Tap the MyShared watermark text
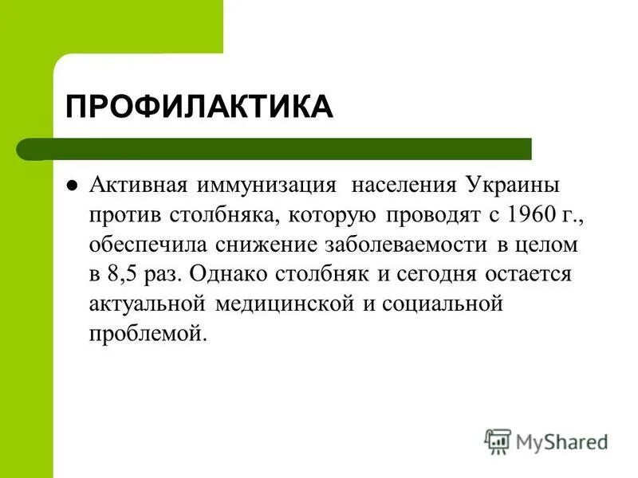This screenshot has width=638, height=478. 561,440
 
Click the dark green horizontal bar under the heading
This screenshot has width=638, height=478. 287,149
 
